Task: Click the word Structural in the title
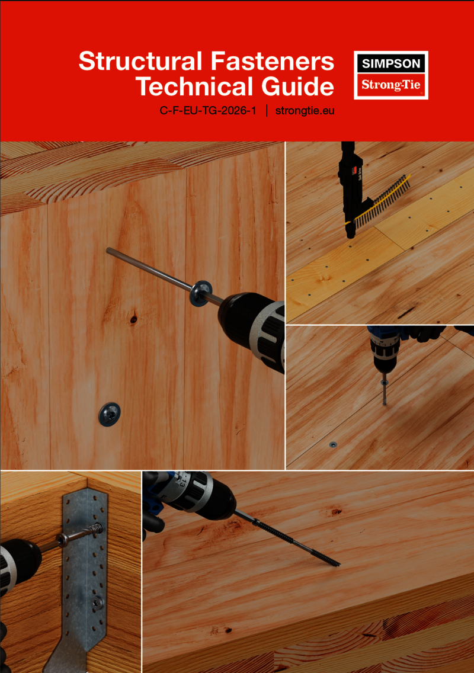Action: [x=140, y=61]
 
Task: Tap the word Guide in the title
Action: [x=297, y=86]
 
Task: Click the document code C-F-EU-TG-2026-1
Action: [x=208, y=111]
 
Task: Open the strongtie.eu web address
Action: [x=305, y=111]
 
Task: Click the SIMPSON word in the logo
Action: [x=391, y=63]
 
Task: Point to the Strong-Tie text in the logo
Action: [x=390, y=85]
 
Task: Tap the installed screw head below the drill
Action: [x=110, y=414]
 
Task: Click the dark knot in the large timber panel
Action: [x=133, y=319]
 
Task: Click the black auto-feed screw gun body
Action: [x=351, y=189]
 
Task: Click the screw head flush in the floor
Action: [x=333, y=444]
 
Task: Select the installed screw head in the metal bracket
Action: [x=97, y=603]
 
